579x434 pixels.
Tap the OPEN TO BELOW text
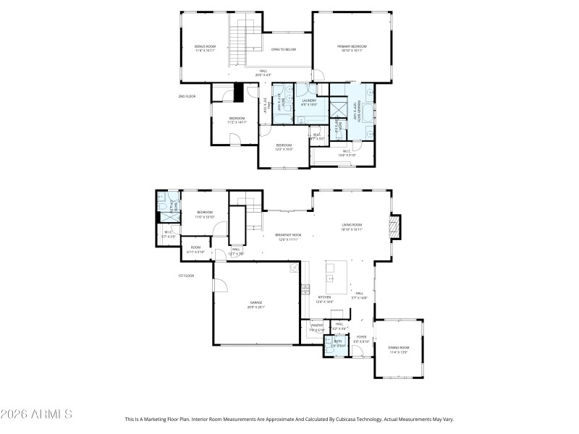[x=284, y=49]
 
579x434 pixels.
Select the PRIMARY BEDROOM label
[x=350, y=48]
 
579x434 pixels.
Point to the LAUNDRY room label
[x=309, y=103]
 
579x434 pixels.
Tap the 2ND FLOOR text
[x=187, y=96]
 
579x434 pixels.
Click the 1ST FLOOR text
[x=187, y=276]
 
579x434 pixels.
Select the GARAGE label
[x=256, y=304]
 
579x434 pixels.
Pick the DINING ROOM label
[x=398, y=350]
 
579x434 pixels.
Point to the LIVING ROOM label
[x=352, y=226]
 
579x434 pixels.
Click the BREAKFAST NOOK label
[x=287, y=237]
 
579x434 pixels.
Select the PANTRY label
[x=316, y=327]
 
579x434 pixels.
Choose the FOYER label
[x=361, y=339]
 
